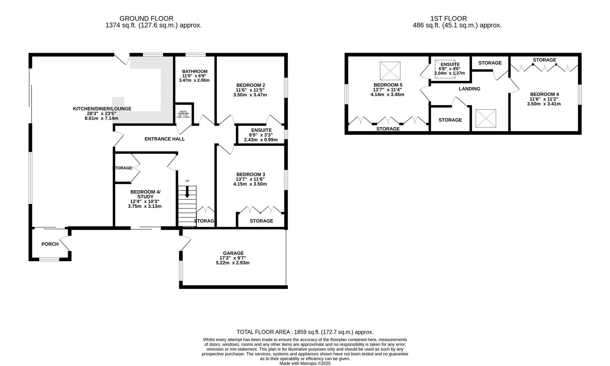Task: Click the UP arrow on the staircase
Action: [187, 193]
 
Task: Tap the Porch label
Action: [50, 244]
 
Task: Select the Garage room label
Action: [233, 253]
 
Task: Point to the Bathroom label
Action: [195, 72]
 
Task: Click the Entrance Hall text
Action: [164, 139]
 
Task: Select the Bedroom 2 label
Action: [250, 85]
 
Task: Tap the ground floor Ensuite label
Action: [261, 130]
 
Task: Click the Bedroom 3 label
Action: [250, 175]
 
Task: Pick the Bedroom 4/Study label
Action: [145, 194]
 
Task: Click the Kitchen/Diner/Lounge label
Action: [102, 109]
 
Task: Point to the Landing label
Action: [469, 89]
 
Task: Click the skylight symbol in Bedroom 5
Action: [390, 70]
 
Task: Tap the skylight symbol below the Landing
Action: [486, 119]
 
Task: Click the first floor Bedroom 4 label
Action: [544, 94]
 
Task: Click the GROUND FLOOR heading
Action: [146, 19]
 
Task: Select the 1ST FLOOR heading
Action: [448, 19]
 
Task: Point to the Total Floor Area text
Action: [305, 332]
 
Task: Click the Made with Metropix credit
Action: [305, 363]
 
